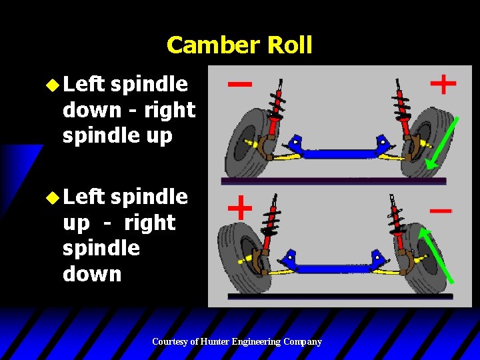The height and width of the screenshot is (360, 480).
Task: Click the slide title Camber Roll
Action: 239,45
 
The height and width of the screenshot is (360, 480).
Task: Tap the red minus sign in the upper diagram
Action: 240,84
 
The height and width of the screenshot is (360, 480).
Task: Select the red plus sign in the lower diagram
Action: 240,208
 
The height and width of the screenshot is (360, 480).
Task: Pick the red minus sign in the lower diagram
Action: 440,210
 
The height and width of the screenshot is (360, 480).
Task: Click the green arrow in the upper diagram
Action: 441,142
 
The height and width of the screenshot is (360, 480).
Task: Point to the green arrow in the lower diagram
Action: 436,256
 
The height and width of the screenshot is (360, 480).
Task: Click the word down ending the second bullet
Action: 92,274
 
